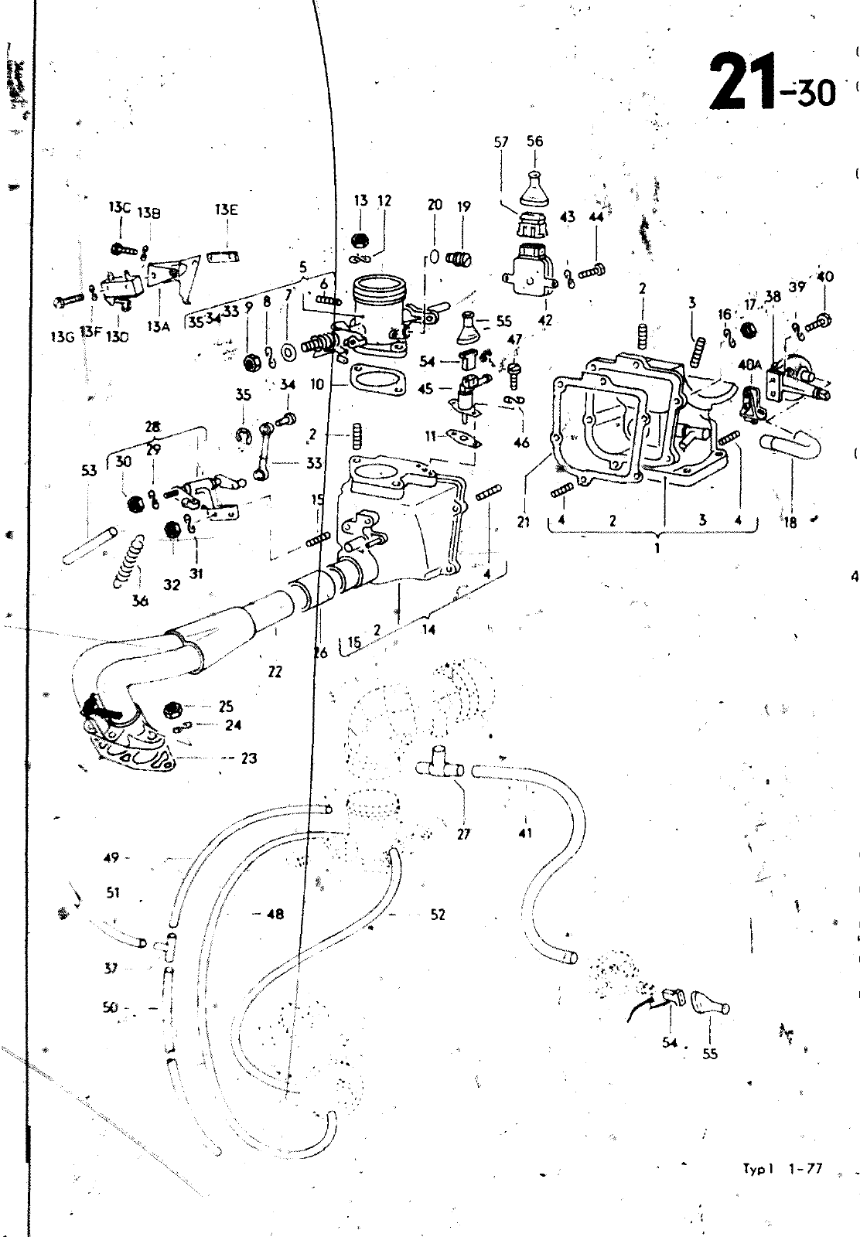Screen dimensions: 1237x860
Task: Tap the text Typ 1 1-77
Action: point(781,1170)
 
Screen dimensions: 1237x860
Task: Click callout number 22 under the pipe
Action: point(275,672)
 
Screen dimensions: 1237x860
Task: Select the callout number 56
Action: point(534,141)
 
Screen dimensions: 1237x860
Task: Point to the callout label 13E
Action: point(227,210)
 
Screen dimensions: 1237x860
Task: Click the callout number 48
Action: point(275,915)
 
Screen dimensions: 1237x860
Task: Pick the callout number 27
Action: point(462,834)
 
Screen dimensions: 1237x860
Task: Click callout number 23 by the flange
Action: point(248,758)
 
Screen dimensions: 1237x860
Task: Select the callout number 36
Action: point(139,600)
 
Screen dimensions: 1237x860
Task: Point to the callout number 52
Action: point(438,915)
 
